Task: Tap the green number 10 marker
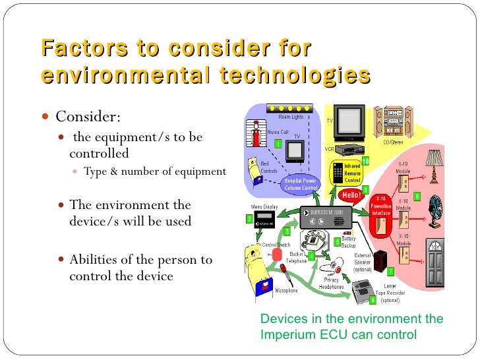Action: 365,161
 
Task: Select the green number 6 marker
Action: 373,300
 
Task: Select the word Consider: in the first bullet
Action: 88,117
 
